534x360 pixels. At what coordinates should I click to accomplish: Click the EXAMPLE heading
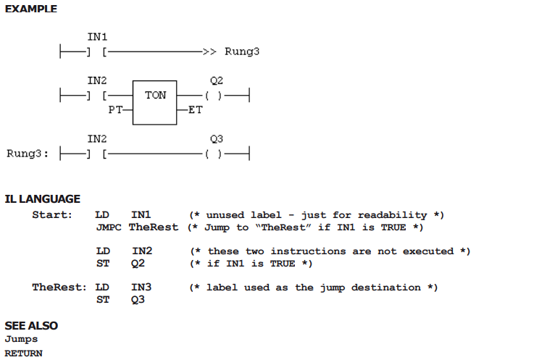coord(31,9)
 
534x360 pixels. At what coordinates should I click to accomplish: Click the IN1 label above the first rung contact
coord(97,36)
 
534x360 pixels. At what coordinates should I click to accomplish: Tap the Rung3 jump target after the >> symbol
coord(242,51)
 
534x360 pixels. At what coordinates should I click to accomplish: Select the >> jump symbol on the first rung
coord(209,51)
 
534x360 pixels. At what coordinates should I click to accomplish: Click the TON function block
coord(154,103)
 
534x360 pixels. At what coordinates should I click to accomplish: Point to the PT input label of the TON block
coord(115,109)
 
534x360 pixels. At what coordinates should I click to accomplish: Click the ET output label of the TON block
coord(196,109)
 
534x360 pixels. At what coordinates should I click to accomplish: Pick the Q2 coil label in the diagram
coord(217,80)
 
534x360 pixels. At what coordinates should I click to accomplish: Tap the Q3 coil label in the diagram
coord(217,139)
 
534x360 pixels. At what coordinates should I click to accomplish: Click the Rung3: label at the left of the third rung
coord(28,154)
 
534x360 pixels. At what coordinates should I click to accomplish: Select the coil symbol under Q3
coord(214,154)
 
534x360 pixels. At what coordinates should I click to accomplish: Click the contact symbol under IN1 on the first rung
coord(96,51)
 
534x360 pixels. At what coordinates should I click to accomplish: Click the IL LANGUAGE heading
coord(43,199)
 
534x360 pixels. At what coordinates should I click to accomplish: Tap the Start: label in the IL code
coord(52,215)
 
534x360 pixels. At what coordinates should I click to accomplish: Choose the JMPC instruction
coord(109,227)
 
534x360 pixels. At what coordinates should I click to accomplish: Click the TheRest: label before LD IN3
coord(59,288)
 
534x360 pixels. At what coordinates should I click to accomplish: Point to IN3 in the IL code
coord(141,288)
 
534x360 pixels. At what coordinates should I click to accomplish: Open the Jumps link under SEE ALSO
coord(21,340)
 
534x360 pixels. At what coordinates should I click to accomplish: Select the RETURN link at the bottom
coord(23,353)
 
